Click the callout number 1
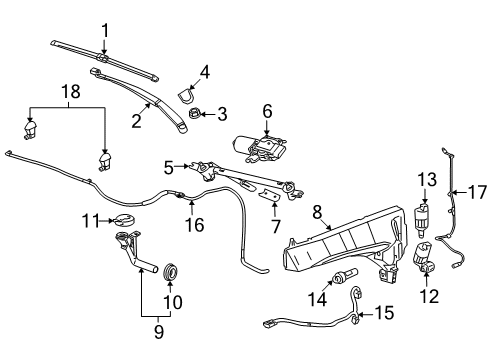[x=105, y=31]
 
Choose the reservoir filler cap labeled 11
[x=125, y=220]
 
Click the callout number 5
[x=169, y=166]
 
